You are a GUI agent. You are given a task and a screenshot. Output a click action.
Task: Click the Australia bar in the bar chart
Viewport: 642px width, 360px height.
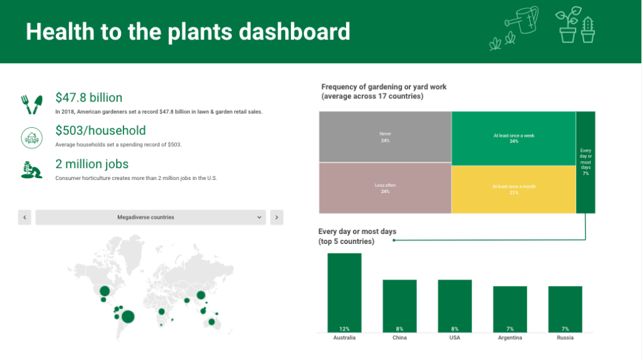click(344, 293)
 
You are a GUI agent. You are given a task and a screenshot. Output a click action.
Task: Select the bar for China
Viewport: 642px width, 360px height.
click(399, 306)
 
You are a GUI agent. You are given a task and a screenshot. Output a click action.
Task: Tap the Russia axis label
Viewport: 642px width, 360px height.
click(565, 338)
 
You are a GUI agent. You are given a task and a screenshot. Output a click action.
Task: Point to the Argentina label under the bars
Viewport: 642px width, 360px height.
click(510, 338)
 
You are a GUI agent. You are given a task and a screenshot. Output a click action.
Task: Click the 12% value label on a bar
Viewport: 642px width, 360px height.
click(344, 329)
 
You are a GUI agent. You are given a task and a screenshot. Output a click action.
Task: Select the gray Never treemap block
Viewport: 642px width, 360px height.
click(386, 137)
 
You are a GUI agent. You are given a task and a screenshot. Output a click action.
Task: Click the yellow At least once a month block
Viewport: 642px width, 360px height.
click(514, 189)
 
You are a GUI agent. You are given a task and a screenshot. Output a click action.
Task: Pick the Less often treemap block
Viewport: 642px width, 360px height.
click(386, 188)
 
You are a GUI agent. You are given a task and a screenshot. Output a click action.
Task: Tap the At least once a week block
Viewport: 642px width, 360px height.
click(514, 139)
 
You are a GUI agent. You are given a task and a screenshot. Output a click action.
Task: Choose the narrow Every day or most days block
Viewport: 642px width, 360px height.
click(586, 162)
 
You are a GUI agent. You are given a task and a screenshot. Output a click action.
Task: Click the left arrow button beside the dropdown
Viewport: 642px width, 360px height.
click(24, 218)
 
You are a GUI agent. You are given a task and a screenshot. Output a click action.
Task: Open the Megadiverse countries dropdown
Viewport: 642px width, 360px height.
click(150, 218)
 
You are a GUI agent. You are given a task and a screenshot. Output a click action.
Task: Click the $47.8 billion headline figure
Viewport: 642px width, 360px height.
click(89, 97)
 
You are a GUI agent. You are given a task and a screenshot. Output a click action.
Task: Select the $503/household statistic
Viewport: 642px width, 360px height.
click(101, 130)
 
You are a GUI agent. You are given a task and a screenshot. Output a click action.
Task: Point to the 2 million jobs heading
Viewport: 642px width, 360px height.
click(92, 164)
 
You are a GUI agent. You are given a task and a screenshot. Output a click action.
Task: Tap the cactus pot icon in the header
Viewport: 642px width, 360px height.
click(588, 29)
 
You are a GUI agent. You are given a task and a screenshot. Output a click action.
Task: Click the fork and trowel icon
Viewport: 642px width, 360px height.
click(32, 105)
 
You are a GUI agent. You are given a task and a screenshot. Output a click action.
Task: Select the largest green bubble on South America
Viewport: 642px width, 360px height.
click(128, 317)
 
